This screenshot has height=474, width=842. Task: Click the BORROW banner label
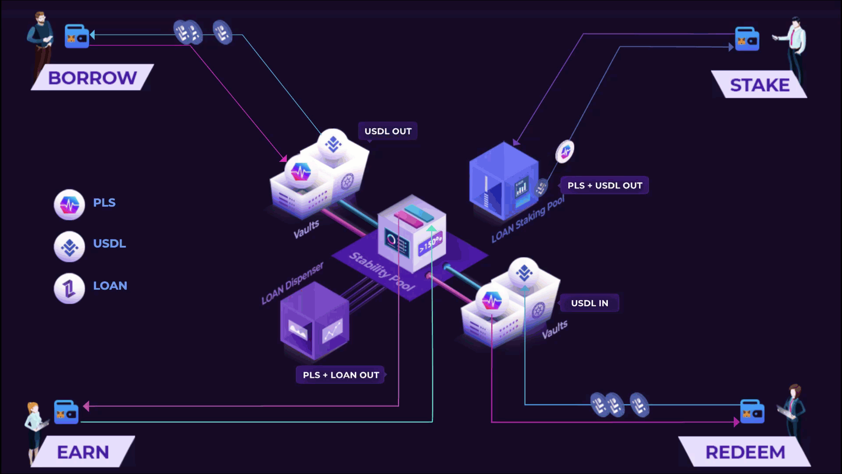coord(92,78)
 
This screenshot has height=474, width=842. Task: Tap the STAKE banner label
coord(760,85)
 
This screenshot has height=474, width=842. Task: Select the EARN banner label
coord(83,452)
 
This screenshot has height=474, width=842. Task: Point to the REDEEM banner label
coord(745,452)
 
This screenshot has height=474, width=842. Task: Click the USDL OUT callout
coord(388,131)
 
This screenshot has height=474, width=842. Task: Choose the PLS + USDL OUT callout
coord(604,185)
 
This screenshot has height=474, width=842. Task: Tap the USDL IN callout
coord(589,303)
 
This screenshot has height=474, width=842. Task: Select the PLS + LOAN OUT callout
coord(341,375)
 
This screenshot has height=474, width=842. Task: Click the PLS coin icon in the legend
coord(69,205)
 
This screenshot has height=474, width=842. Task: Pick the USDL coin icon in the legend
coord(69,247)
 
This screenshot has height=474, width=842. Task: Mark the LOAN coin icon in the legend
coord(69,288)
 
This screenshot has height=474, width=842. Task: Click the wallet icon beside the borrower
coord(77,36)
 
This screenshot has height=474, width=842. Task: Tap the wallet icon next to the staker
coord(747,39)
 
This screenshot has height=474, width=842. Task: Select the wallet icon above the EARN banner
coord(66,412)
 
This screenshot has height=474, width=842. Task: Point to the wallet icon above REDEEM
coord(752,412)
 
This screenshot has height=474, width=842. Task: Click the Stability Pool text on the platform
coord(382,272)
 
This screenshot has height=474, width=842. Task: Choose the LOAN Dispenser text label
coord(293,283)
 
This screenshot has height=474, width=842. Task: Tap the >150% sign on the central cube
coord(430,244)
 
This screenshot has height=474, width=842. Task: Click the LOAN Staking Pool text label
coord(528,219)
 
